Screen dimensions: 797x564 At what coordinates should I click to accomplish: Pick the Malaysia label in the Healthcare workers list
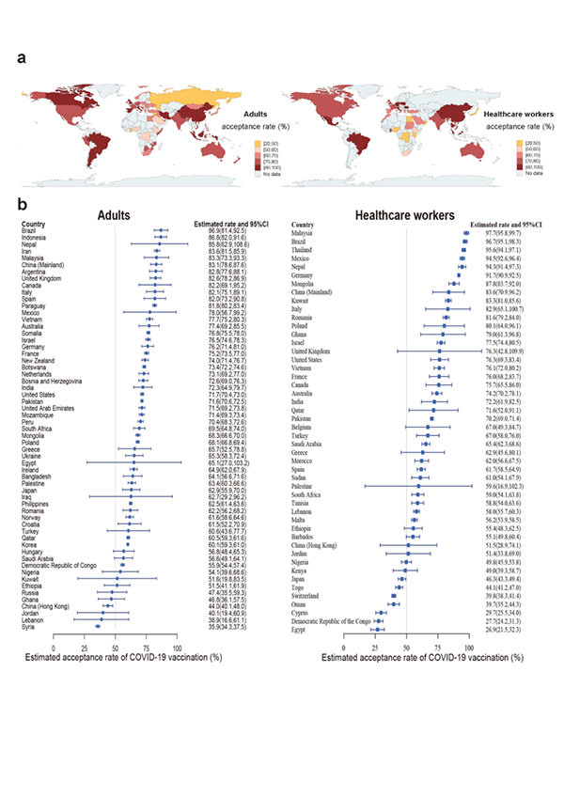[x=307, y=232]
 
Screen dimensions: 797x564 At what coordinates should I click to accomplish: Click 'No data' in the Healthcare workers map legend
[x=534, y=174]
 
